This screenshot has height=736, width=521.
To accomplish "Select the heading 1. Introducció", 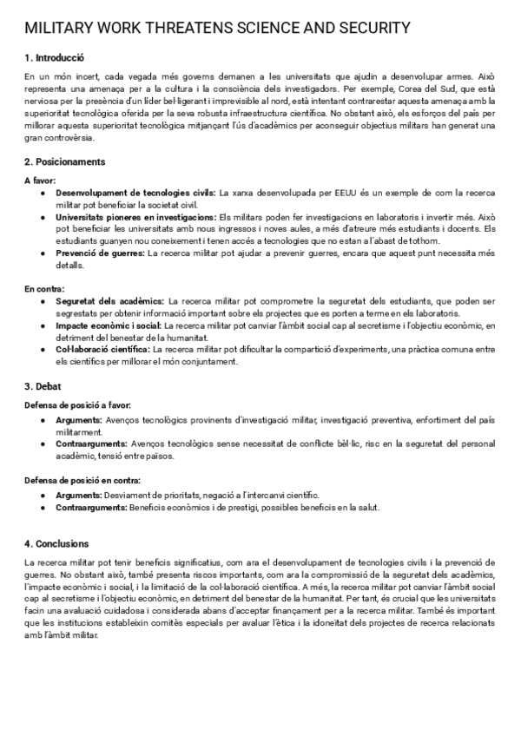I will [54, 58].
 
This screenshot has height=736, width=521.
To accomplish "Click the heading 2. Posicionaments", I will [65, 161].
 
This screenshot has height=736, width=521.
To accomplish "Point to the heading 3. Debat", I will [43, 385].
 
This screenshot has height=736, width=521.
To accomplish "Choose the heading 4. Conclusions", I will [57, 543].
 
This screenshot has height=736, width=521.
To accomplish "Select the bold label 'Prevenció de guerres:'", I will [101, 253].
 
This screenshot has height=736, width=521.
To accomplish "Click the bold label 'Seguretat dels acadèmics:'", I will [109, 301].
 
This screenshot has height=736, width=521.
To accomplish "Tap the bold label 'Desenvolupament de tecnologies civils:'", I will [136, 192].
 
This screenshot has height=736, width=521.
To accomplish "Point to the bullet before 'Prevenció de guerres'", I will [43, 253].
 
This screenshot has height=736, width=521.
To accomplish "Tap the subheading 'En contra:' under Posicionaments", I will [44, 288].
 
